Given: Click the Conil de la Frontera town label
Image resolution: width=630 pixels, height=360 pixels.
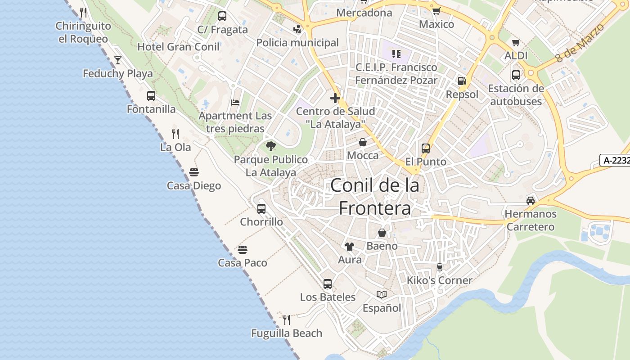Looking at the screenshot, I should tap(375, 197).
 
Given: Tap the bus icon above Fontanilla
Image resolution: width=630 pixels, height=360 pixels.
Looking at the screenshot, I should tap(151, 96).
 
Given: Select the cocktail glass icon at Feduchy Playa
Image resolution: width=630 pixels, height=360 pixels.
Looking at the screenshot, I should tap(118, 60).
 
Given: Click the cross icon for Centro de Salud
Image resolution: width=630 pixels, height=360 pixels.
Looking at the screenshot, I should tap(335, 98).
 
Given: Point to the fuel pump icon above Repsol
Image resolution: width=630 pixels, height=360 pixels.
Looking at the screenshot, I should tap(462, 81).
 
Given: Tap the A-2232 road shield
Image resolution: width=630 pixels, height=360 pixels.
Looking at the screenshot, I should tap(615, 160).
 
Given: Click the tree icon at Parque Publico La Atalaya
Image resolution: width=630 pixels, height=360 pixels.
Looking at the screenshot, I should tap(270, 146).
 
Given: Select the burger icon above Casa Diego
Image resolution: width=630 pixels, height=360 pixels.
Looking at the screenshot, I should tap(194, 172).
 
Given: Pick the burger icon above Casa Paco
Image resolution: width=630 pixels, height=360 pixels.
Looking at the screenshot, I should tap(243, 250).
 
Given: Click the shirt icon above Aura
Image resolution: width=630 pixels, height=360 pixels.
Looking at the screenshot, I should tap(350, 247).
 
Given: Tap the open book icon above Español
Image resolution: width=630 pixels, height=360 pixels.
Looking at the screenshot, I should tap(382, 295).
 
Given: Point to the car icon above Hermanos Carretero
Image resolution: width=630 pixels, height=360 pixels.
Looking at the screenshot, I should tap(531, 201).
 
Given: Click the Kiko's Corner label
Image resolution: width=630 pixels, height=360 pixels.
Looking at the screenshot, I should tap(439, 280).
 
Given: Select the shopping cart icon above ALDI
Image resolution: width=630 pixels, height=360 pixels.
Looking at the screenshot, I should tap(516, 42).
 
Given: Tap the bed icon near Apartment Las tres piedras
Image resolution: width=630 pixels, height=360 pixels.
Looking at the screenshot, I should tap(235, 102).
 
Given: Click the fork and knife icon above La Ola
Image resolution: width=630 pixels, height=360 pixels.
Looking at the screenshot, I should tap(175, 134).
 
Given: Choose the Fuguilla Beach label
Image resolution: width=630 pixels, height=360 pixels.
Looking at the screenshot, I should tap(287, 333).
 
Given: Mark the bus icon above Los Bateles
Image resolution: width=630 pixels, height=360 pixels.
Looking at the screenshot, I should tap(328, 284).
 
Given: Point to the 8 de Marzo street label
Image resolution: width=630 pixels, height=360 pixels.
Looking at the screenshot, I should tap(580, 44).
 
